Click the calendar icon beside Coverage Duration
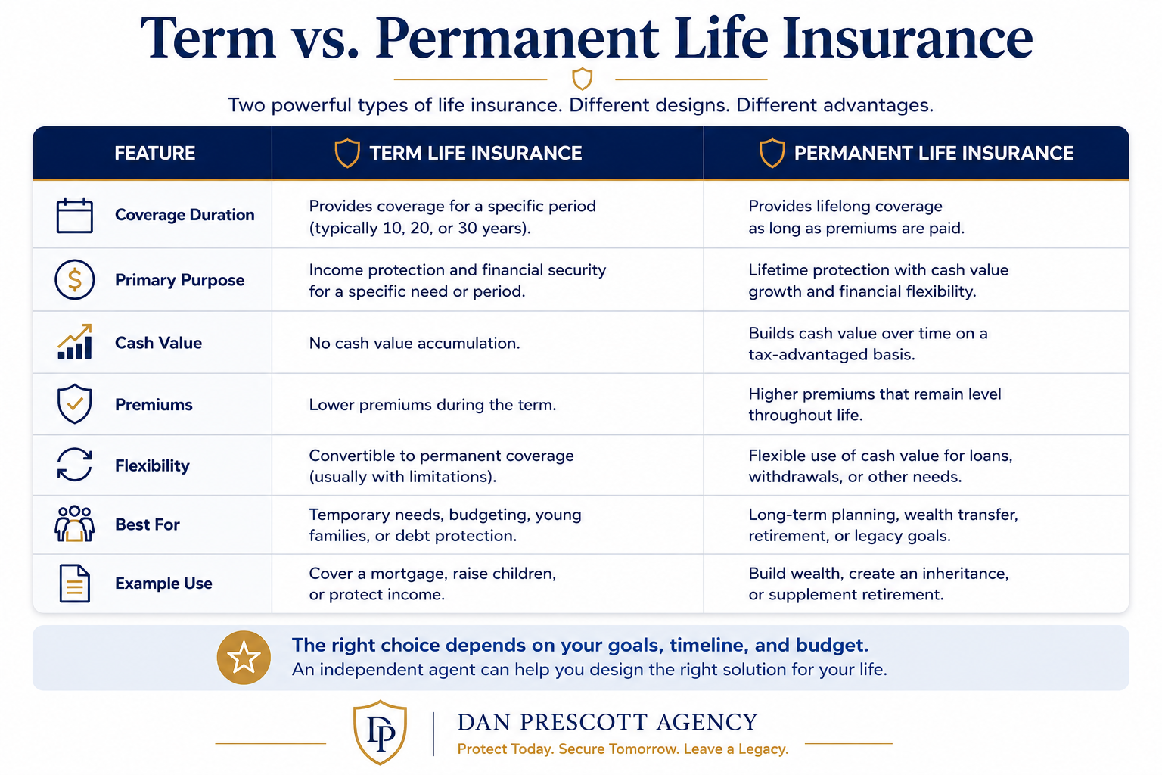click(x=75, y=215)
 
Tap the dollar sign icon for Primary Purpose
click(x=75, y=280)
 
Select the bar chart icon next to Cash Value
click(x=75, y=341)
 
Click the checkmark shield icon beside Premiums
click(x=75, y=404)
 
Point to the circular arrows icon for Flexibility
click(x=75, y=465)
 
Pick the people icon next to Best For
click(x=75, y=524)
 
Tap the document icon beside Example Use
click(x=75, y=583)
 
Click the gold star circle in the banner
click(x=244, y=657)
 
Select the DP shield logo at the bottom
click(x=381, y=732)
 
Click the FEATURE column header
click(x=154, y=153)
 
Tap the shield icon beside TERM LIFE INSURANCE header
click(x=347, y=153)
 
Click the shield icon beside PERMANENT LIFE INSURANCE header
click(x=772, y=153)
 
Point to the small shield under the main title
click(x=582, y=79)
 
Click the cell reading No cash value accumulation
click(x=415, y=343)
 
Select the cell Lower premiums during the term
click(x=433, y=404)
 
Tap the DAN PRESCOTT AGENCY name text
click(x=607, y=722)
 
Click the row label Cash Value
click(x=158, y=343)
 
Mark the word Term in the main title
click(x=207, y=38)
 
